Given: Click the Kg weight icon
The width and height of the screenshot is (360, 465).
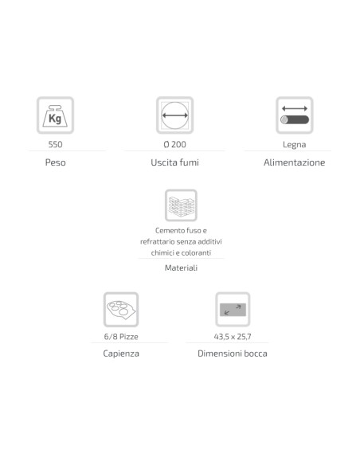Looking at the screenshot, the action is coord(55,115).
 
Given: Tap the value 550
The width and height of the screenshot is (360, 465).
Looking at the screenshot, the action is coord(55,144).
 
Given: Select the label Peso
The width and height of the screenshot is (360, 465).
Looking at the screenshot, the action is coord(55,162).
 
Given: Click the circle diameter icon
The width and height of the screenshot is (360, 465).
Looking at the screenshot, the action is coord(175,115).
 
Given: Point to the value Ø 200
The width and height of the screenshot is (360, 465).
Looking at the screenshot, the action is coord(175,144).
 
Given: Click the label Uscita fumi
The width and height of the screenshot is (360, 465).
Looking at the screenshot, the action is coord(174,162).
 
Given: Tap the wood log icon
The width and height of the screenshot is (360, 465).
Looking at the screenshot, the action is coord(295,115).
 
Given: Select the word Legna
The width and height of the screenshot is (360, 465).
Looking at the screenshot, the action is coord(294,145).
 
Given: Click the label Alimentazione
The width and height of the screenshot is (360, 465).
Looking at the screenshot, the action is coord(294,162).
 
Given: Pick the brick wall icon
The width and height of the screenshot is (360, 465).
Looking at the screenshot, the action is coord(181,205).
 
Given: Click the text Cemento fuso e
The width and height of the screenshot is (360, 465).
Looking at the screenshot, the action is coord(181,230).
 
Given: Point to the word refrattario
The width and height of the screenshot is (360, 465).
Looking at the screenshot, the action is coord(157,242).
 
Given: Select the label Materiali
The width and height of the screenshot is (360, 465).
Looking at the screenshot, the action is coord(181,268).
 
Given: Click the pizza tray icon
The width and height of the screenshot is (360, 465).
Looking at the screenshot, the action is coord(121,310).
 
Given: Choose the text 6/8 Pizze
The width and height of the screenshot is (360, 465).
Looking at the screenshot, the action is coord(121,337).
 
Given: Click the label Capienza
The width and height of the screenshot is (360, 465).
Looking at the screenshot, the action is coord(121,354).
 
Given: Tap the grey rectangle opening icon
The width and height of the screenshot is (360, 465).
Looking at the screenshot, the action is coord(233,310).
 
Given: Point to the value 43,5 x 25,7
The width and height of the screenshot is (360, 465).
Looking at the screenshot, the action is coord(233,337).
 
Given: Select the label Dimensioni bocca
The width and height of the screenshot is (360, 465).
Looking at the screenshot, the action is coord(233,354).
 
